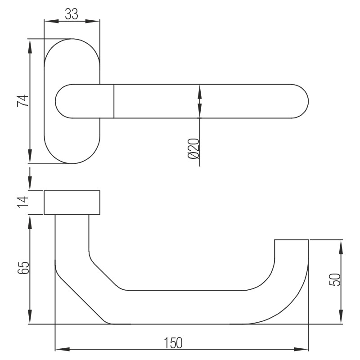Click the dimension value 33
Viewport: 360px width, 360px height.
(x=71, y=14)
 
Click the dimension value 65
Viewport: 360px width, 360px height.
(x=23, y=268)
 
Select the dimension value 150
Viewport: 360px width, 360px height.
(x=173, y=343)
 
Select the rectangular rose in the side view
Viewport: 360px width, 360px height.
(x=72, y=202)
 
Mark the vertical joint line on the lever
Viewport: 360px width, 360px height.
(x=114, y=101)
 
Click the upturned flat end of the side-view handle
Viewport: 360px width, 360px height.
(x=291, y=241)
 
